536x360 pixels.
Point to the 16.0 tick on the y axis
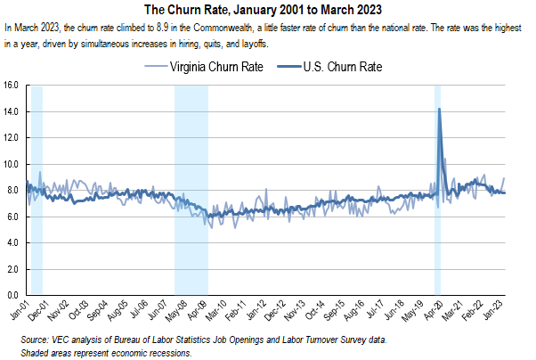12,86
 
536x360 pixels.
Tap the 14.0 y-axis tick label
12,112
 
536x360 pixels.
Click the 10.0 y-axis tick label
12,165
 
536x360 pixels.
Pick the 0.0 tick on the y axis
14,295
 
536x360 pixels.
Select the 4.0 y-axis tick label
14,243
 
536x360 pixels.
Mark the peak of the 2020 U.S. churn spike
440,109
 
